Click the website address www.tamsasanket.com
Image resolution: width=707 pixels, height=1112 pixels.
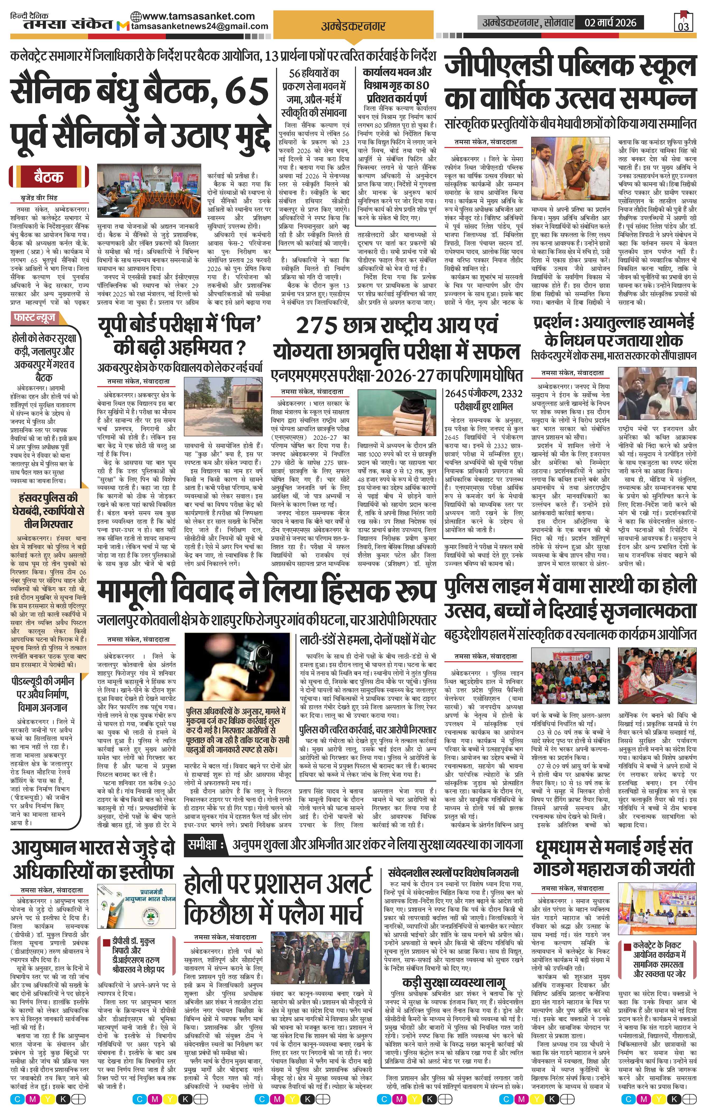(199, 16)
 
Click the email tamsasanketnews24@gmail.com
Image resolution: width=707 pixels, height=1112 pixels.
(200, 26)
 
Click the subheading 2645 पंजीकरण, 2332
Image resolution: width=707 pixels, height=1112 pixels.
(483, 394)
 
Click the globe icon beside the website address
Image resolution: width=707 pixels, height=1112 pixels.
(136, 16)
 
